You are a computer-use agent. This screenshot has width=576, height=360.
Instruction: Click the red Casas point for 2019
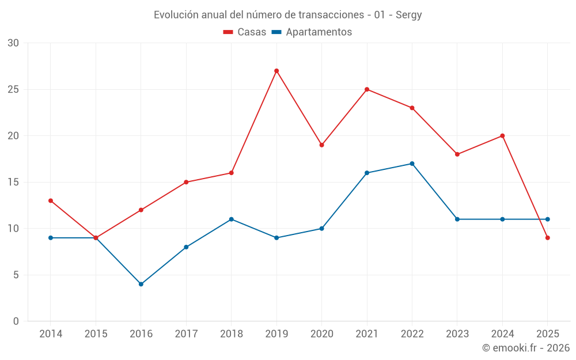276,71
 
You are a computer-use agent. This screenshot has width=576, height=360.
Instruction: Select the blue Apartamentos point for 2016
141,284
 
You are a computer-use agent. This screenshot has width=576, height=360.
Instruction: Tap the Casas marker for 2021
367,89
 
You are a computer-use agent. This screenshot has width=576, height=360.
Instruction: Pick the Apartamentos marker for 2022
412,164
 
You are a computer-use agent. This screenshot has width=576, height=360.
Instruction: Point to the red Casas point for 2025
548,238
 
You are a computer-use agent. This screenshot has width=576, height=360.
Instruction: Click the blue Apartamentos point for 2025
548,219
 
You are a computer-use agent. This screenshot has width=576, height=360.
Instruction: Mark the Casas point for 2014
51,200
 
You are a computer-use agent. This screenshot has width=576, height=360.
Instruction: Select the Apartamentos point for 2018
232,219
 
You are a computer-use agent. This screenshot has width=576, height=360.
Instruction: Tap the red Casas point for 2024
502,136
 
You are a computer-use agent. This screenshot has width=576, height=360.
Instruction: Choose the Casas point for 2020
322,145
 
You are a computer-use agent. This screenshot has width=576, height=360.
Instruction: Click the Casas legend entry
245,32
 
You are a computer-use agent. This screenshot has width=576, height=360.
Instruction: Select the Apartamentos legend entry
312,32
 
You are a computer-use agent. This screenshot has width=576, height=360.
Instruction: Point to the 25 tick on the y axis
13,89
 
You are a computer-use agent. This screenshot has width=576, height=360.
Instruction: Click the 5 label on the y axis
16,275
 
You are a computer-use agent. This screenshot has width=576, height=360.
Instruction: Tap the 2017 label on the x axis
186,334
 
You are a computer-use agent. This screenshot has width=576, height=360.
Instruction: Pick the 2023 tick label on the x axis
457,334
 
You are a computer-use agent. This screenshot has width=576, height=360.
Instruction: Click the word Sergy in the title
409,15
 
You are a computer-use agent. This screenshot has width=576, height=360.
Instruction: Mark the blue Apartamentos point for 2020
322,229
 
